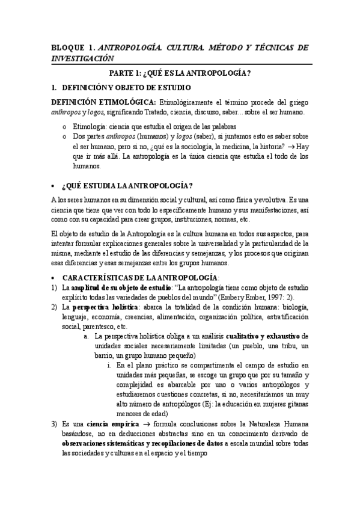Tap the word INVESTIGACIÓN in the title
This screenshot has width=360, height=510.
point(81,58)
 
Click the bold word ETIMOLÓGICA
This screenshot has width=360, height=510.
point(128,102)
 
